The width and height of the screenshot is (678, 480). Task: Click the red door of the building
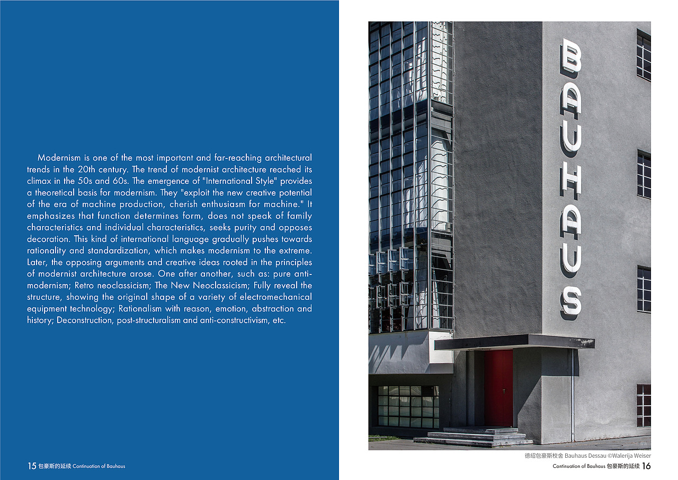(x=498, y=388)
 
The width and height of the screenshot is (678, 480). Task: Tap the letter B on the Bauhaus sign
(x=570, y=56)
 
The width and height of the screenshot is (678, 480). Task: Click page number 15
(x=32, y=466)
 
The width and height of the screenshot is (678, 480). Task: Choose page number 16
(x=646, y=466)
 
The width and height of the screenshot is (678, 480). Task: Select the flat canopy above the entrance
(x=514, y=342)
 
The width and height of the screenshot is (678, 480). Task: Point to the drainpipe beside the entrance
(x=573, y=395)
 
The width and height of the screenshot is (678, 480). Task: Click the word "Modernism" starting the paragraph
(x=59, y=158)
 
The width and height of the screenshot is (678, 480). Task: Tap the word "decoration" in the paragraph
(x=49, y=239)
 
